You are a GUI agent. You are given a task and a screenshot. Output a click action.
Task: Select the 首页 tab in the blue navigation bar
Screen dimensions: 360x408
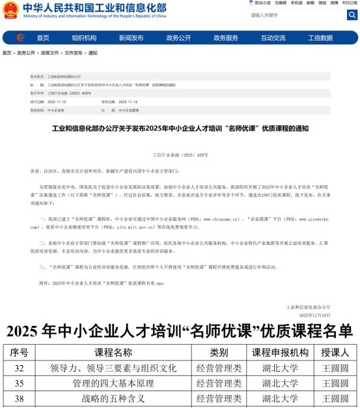[x=43, y=38]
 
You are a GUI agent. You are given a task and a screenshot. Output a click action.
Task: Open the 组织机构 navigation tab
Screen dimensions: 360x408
[x=84, y=38]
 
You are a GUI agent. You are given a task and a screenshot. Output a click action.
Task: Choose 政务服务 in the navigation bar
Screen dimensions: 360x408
[x=226, y=38]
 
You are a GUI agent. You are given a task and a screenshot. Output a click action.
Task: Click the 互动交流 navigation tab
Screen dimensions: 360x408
[x=273, y=38]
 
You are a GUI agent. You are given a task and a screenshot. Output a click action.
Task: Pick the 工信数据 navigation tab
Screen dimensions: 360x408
[x=320, y=38]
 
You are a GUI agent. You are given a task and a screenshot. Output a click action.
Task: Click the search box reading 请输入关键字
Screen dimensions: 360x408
[x=293, y=14]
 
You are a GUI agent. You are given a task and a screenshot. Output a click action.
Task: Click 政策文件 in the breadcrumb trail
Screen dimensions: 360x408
[x=50, y=53]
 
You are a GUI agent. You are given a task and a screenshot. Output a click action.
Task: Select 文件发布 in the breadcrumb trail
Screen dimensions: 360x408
[x=74, y=53]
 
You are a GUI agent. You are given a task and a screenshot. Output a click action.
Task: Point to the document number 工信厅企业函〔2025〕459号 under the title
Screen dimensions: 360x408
[x=180, y=155]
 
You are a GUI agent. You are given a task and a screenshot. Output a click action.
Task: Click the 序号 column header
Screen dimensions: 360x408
[x=20, y=353]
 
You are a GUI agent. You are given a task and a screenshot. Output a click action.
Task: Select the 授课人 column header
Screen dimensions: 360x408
[x=335, y=353]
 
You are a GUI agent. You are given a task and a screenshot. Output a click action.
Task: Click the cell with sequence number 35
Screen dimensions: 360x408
[x=20, y=383]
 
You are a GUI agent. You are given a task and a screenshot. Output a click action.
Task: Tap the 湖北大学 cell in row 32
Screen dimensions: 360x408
[x=280, y=368]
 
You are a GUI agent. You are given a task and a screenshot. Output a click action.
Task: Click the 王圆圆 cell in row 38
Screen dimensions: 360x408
[x=335, y=398]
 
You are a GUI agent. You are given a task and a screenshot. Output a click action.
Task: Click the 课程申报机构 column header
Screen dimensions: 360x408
[x=280, y=353]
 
